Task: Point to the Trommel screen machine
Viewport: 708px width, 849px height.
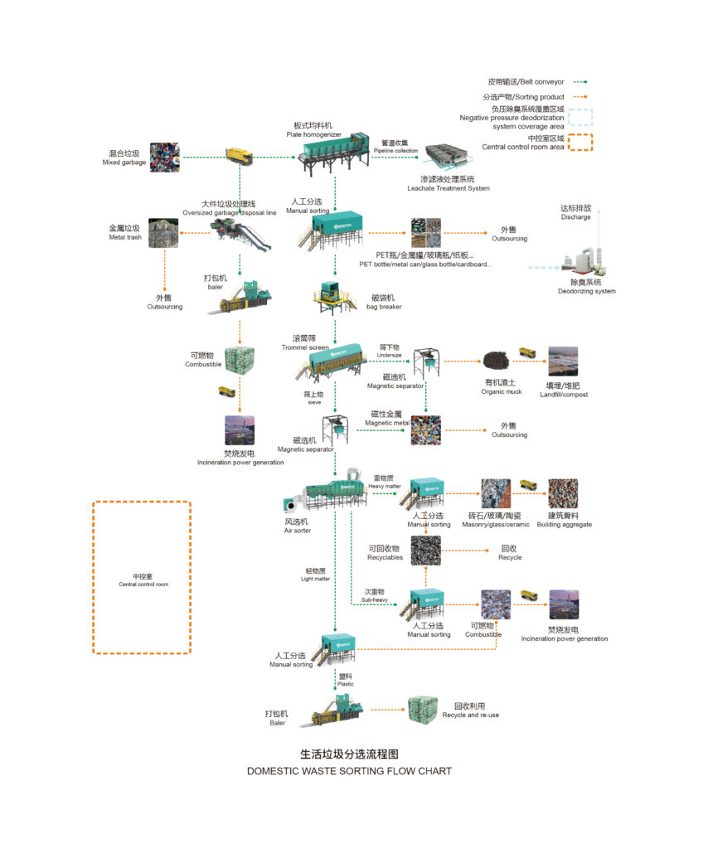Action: point(332,360)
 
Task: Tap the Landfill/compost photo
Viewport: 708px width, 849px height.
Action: point(563,361)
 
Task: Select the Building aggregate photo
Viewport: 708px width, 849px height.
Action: point(563,493)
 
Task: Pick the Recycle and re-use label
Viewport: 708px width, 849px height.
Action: point(470,711)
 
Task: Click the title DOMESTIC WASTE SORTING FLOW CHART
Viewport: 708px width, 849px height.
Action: point(349,770)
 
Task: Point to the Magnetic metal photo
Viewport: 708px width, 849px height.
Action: point(425,430)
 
